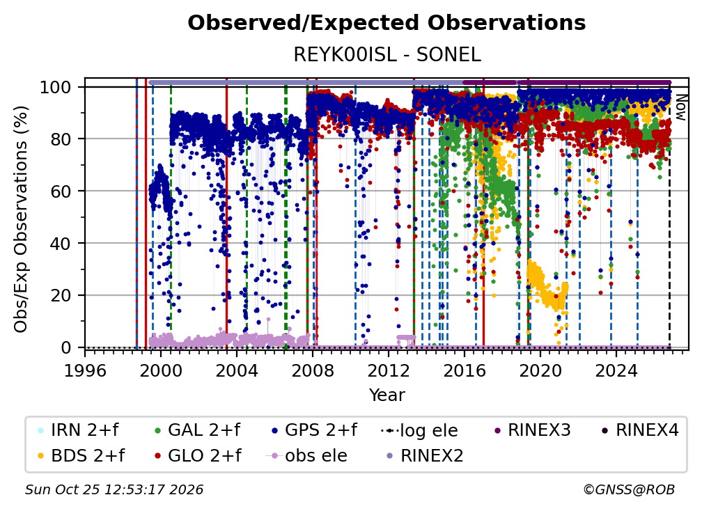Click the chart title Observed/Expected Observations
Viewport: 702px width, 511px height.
387,23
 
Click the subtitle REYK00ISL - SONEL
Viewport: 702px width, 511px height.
387,54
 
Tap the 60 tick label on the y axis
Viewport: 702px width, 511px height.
61,191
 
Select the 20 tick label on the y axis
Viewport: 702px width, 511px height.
61,295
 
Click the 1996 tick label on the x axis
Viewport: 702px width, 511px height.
85,371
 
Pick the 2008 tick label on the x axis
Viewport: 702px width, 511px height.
313,371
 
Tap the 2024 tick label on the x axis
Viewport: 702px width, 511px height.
616,371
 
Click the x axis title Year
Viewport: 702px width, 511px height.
387,395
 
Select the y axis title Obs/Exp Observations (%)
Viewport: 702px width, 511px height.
21,219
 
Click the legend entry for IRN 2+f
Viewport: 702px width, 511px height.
79,430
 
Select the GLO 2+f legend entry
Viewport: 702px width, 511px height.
198,456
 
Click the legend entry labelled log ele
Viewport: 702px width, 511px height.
419,430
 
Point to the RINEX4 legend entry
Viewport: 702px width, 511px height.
641,430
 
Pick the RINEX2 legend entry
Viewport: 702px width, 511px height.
425,456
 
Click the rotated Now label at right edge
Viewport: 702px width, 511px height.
680,107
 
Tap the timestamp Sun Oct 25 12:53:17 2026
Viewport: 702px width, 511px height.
114,490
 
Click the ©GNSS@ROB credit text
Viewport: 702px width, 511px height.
629,490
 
